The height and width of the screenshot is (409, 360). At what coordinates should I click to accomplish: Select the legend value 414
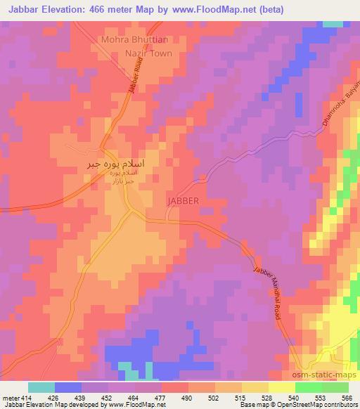(x=25, y=398)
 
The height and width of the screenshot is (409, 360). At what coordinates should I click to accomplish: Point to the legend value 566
(x=347, y=398)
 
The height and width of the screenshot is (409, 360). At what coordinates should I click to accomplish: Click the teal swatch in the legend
(x=41, y=387)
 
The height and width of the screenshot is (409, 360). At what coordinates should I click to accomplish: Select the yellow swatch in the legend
(x=281, y=387)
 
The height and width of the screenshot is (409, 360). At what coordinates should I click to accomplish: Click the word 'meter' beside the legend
(x=10, y=398)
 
